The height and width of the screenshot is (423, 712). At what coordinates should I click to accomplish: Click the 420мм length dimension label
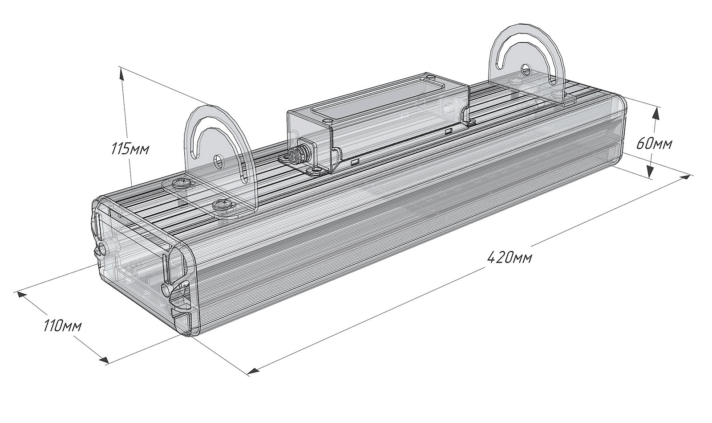click(x=509, y=257)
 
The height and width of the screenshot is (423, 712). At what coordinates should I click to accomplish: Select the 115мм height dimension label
click(x=129, y=148)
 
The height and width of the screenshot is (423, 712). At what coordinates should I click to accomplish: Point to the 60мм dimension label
click(x=654, y=144)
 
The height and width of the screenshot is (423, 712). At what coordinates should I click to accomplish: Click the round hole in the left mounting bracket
click(x=219, y=161)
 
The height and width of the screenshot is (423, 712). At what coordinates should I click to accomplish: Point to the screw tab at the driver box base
click(x=317, y=170)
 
